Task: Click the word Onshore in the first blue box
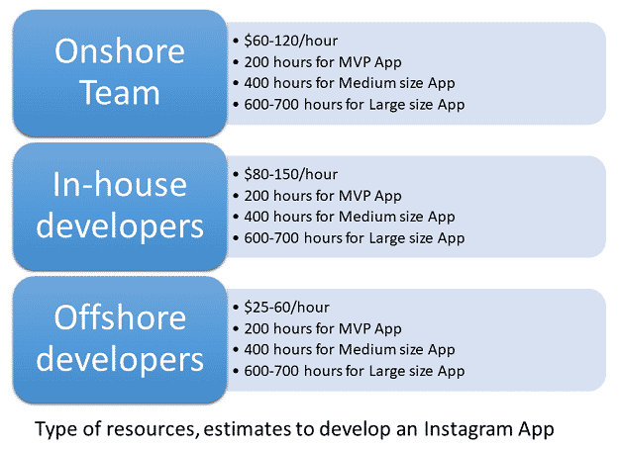click(x=120, y=51)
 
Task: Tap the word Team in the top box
click(x=120, y=92)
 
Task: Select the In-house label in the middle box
click(x=120, y=184)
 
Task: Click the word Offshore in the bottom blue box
click(x=120, y=317)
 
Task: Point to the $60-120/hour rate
click(x=290, y=41)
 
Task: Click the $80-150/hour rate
click(x=290, y=174)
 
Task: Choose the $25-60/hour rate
click(x=286, y=308)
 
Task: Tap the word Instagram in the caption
click(x=468, y=429)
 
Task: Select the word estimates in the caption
click(x=247, y=429)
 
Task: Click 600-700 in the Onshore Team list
click(x=271, y=105)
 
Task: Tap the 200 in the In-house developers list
click(x=257, y=196)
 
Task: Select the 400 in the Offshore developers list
click(x=257, y=349)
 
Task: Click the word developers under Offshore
click(x=120, y=360)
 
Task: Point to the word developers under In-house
click(x=120, y=227)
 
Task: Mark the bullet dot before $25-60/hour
click(x=236, y=308)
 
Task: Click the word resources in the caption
click(x=153, y=429)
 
